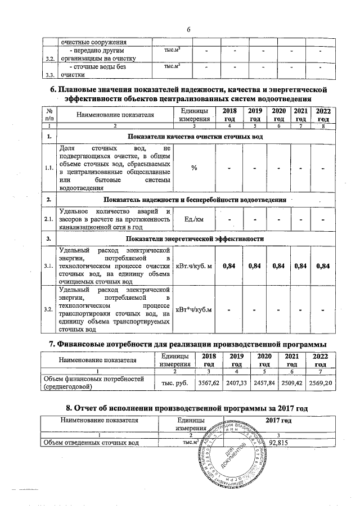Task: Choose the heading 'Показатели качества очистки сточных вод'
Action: (x=194, y=137)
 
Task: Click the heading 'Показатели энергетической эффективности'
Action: (x=194, y=238)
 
